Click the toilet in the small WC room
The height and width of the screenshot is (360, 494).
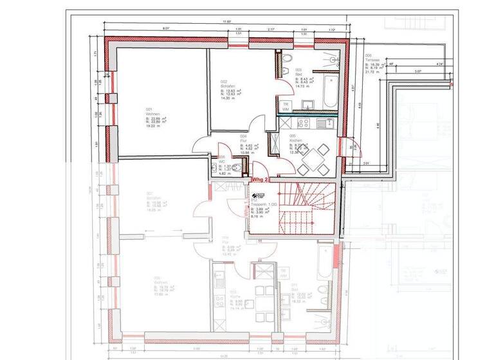coord(238,169)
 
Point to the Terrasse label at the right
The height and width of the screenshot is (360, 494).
coord(374,61)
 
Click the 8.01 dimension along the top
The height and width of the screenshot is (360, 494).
coord(165,28)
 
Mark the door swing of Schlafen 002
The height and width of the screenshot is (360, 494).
coord(255,123)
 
